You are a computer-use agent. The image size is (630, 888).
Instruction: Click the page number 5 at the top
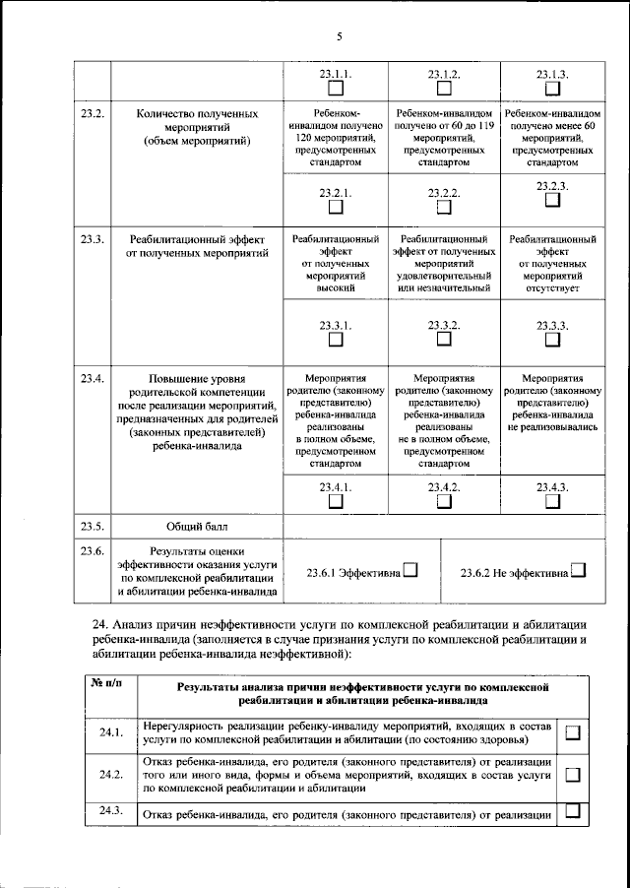(x=339, y=37)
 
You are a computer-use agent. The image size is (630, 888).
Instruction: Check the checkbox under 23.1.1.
(x=336, y=88)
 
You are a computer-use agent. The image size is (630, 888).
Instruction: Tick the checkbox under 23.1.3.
(x=552, y=88)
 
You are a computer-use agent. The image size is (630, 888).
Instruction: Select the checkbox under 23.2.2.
(x=444, y=208)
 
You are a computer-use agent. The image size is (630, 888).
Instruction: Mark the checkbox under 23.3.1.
(x=336, y=339)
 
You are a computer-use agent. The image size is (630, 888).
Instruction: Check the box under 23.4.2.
(x=444, y=501)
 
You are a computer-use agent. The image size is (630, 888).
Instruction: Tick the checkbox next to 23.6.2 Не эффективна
(x=578, y=570)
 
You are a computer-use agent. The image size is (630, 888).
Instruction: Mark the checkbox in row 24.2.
(x=573, y=775)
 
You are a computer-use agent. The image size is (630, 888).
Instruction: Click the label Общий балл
(x=198, y=527)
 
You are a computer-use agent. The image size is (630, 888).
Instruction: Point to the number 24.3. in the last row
(x=110, y=810)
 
